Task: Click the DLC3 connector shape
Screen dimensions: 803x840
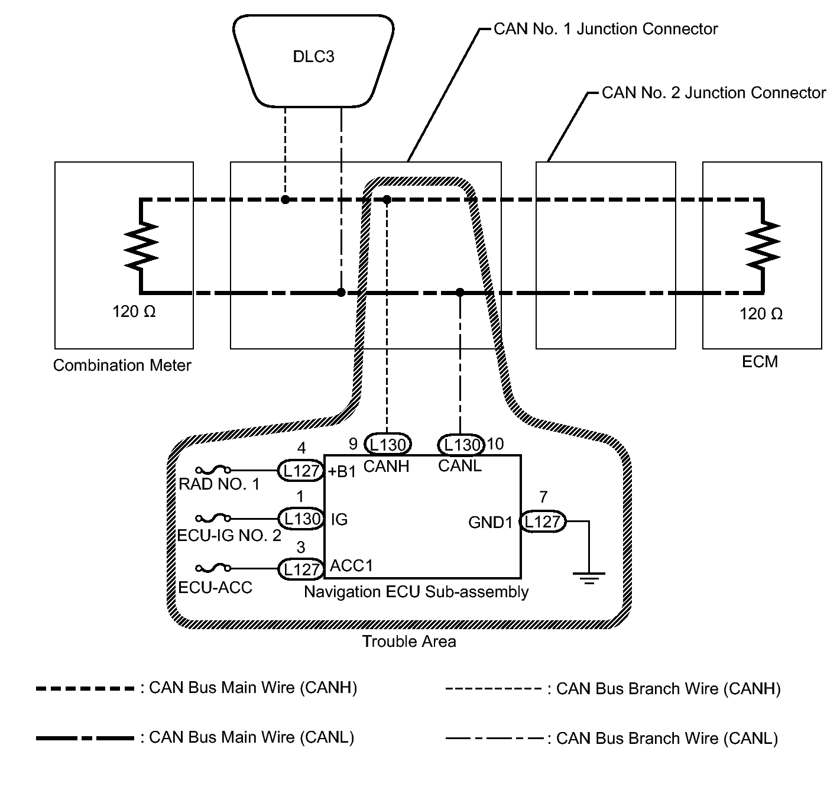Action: tap(313, 59)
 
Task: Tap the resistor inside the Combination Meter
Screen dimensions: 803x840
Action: tap(141, 245)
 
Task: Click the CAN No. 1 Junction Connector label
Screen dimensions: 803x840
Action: tap(605, 29)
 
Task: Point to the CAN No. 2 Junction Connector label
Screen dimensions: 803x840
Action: tap(713, 93)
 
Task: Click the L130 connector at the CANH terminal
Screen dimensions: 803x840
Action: tap(387, 443)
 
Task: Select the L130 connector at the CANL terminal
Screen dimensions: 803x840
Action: tap(460, 443)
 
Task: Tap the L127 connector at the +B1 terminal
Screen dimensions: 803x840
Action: tap(301, 471)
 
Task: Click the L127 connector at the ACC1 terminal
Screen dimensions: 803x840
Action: tap(301, 569)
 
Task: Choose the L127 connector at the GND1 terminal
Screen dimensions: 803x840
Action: tap(542, 522)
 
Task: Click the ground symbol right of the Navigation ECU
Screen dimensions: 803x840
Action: tap(589, 577)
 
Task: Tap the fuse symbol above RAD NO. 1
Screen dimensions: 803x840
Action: tap(213, 471)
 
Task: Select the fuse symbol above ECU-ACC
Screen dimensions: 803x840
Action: tap(213, 569)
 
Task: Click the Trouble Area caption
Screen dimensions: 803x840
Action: tap(409, 642)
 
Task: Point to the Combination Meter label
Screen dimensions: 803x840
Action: tap(122, 365)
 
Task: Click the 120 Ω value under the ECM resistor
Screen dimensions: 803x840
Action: tap(761, 313)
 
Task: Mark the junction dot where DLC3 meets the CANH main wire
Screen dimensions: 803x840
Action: tap(285, 199)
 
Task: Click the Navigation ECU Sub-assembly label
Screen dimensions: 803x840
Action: tap(416, 592)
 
